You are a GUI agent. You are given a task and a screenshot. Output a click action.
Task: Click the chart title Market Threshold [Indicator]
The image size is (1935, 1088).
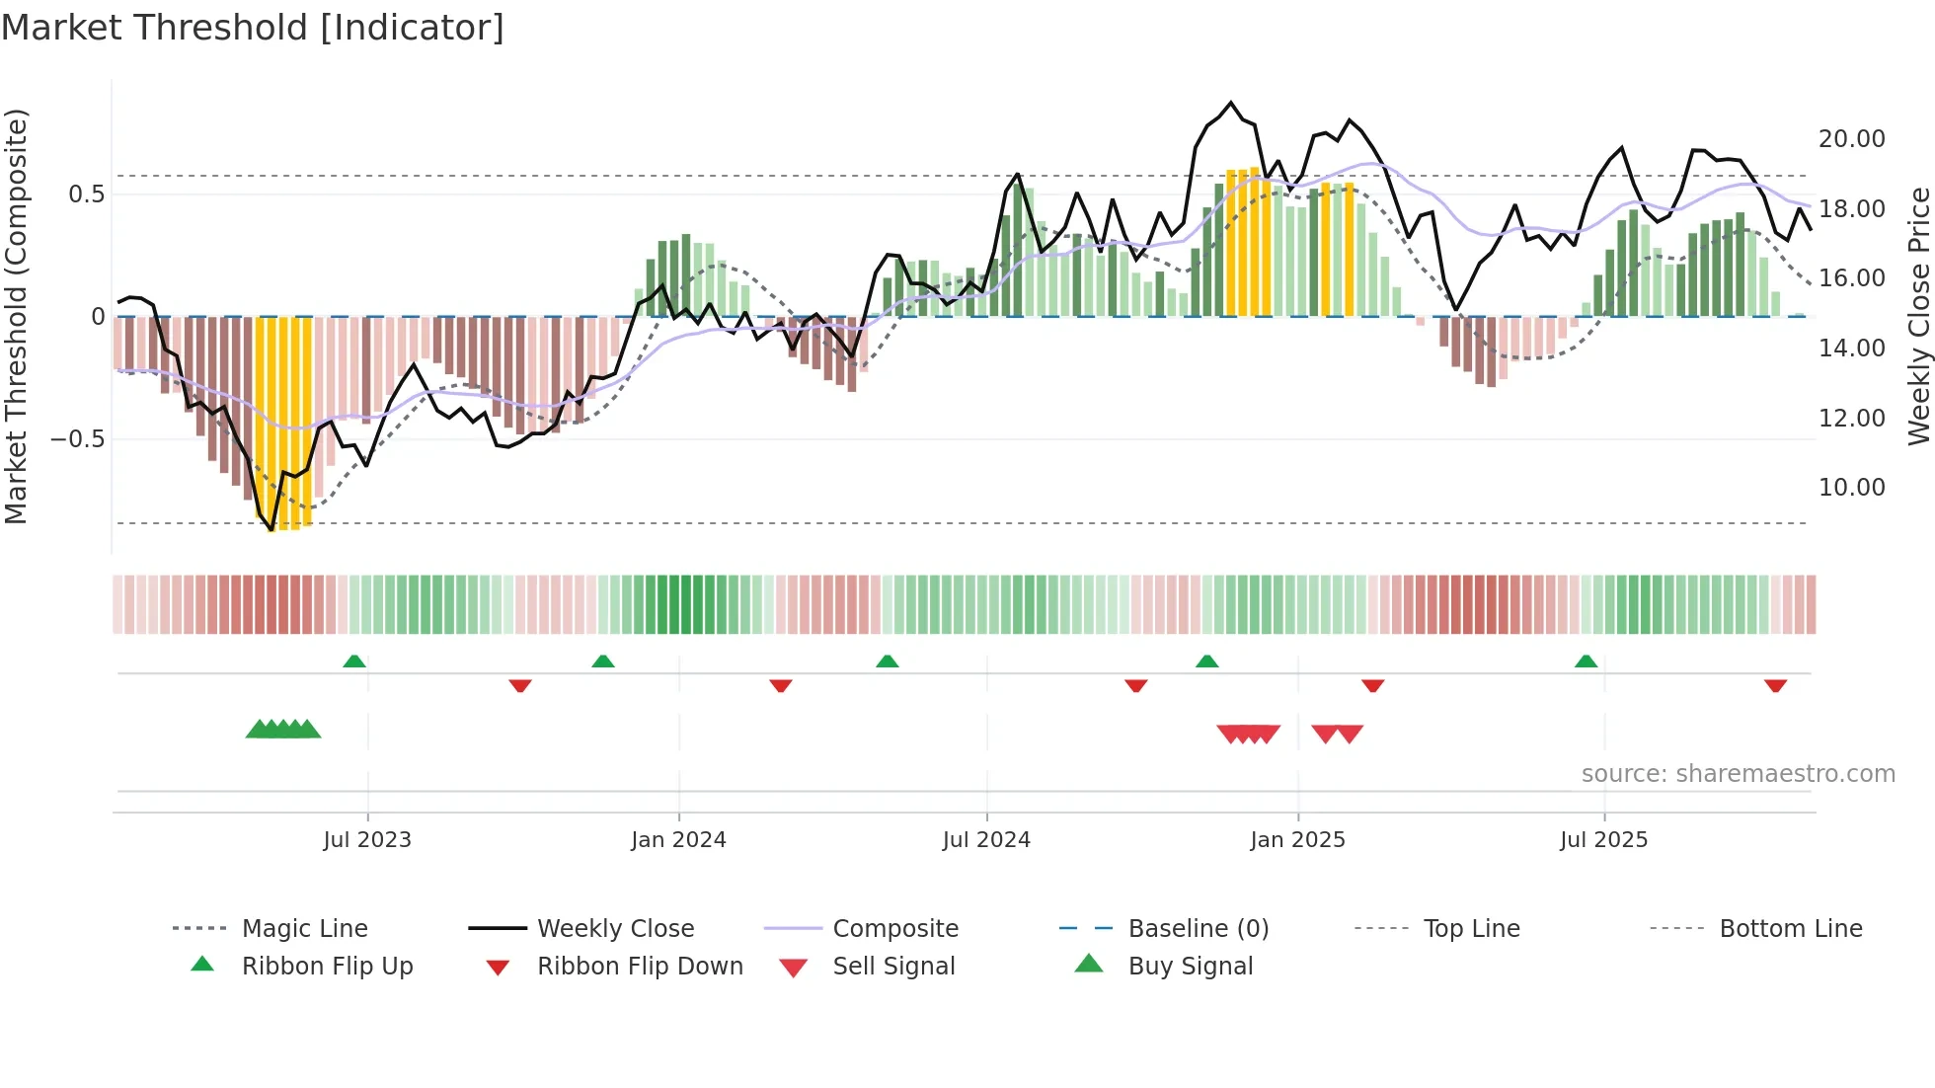[253, 28]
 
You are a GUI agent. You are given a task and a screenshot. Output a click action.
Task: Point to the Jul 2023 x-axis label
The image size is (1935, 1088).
[367, 840]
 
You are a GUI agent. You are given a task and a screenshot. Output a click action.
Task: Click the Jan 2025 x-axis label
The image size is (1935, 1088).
[1297, 840]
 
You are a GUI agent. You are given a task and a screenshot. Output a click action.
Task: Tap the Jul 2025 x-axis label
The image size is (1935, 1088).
[1603, 840]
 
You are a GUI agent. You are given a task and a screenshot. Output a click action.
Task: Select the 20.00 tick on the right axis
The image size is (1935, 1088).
[1851, 139]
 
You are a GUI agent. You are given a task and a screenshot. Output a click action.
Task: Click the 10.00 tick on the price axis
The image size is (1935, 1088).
[1851, 488]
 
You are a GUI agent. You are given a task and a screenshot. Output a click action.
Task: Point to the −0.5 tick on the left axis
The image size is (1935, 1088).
[78, 438]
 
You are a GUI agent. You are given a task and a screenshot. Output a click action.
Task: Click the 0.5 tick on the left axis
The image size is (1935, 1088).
[87, 194]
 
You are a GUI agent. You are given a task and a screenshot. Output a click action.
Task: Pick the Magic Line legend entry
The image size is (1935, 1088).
[304, 929]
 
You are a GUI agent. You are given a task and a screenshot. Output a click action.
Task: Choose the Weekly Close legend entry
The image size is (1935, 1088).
[615, 929]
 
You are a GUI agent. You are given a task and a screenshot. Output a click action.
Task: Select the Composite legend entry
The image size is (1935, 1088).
[894, 929]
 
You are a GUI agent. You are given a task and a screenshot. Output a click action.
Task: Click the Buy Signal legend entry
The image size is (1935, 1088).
[1190, 967]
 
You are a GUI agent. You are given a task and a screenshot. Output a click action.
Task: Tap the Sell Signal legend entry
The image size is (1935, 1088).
[892, 967]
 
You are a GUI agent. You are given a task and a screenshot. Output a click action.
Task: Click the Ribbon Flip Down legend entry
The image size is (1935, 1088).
[639, 967]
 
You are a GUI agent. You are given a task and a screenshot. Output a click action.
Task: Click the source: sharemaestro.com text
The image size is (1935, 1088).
[1738, 774]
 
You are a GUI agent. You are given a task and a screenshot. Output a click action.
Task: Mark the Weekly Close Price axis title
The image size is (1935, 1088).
[1918, 316]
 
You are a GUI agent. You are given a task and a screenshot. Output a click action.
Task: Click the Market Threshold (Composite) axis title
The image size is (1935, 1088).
[16, 316]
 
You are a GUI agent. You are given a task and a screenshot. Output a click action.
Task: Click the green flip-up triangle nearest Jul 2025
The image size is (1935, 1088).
[1586, 661]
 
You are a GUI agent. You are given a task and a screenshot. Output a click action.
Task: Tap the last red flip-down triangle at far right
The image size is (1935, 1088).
[1775, 685]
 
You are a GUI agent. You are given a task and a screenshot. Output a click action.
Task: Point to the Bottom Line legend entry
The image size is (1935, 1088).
[1790, 929]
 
